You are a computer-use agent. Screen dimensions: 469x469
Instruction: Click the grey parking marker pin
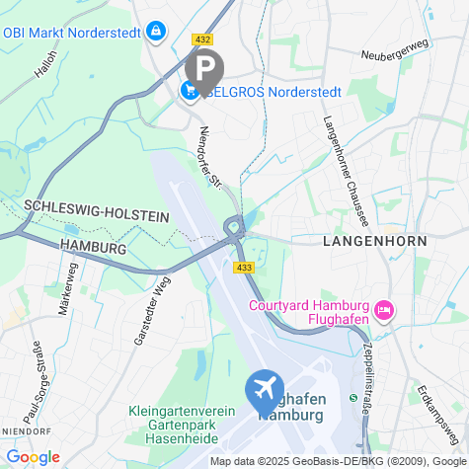pos(204,69)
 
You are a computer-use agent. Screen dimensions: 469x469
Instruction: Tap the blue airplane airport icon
pos(266,389)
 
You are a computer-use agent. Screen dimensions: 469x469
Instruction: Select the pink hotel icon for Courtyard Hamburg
pos(384,311)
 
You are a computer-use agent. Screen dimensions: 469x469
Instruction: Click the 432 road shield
pos(203,39)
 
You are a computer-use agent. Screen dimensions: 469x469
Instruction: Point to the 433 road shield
pos(243,268)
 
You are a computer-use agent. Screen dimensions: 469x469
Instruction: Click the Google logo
pos(32,457)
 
